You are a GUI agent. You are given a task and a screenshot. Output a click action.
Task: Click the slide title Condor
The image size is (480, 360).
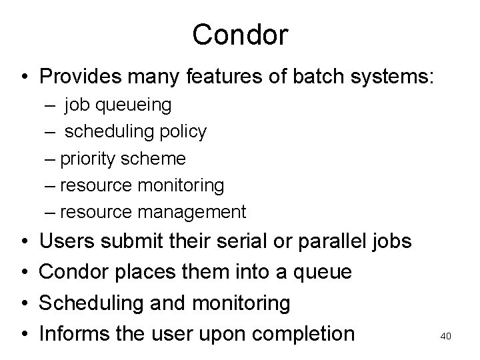(240, 35)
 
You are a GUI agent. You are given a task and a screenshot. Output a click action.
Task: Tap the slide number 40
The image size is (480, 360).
(446, 337)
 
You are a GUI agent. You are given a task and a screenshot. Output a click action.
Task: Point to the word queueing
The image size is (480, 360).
(138, 105)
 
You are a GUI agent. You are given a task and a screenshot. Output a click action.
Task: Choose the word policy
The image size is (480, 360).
(184, 132)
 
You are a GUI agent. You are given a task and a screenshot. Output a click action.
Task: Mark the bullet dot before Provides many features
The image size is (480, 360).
(23, 76)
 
